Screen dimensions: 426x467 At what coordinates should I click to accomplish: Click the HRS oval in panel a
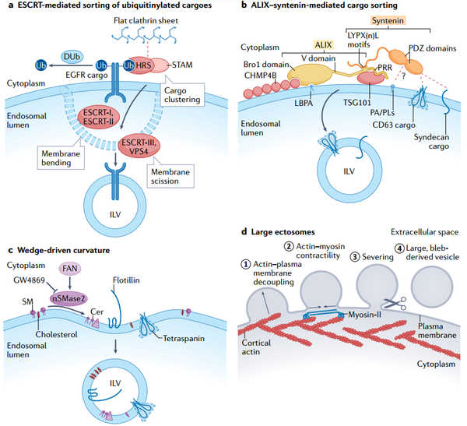[x=141, y=69]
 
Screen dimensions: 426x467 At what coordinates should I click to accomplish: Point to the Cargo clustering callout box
[x=188, y=99]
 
